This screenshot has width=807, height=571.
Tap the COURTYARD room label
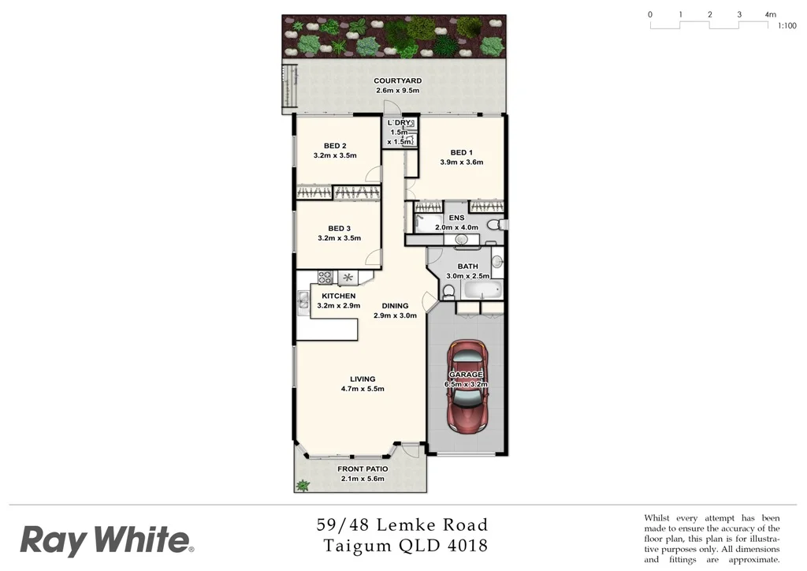pyautogui.click(x=397, y=80)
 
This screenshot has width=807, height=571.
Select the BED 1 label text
pyautogui.click(x=461, y=152)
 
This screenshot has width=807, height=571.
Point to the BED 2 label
pyautogui.click(x=335, y=145)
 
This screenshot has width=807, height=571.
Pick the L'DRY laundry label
pyautogui.click(x=399, y=123)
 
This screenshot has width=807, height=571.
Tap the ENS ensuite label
pyautogui.click(x=456, y=218)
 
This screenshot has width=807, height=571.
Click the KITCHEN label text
pyautogui.click(x=338, y=296)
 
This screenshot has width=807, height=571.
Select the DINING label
pyautogui.click(x=395, y=305)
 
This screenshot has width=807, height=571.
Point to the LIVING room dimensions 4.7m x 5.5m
pyautogui.click(x=363, y=390)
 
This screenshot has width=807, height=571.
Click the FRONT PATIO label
pyautogui.click(x=363, y=468)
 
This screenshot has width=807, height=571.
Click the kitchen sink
pyautogui.click(x=303, y=300)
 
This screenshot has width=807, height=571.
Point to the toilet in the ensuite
pyautogui.click(x=494, y=225)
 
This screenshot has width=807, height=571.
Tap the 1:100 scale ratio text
pyautogui.click(x=787, y=26)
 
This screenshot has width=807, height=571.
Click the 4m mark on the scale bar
pyautogui.click(x=769, y=14)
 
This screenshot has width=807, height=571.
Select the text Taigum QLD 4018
pyautogui.click(x=405, y=545)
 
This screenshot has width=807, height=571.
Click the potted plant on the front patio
pyautogui.click(x=302, y=485)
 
